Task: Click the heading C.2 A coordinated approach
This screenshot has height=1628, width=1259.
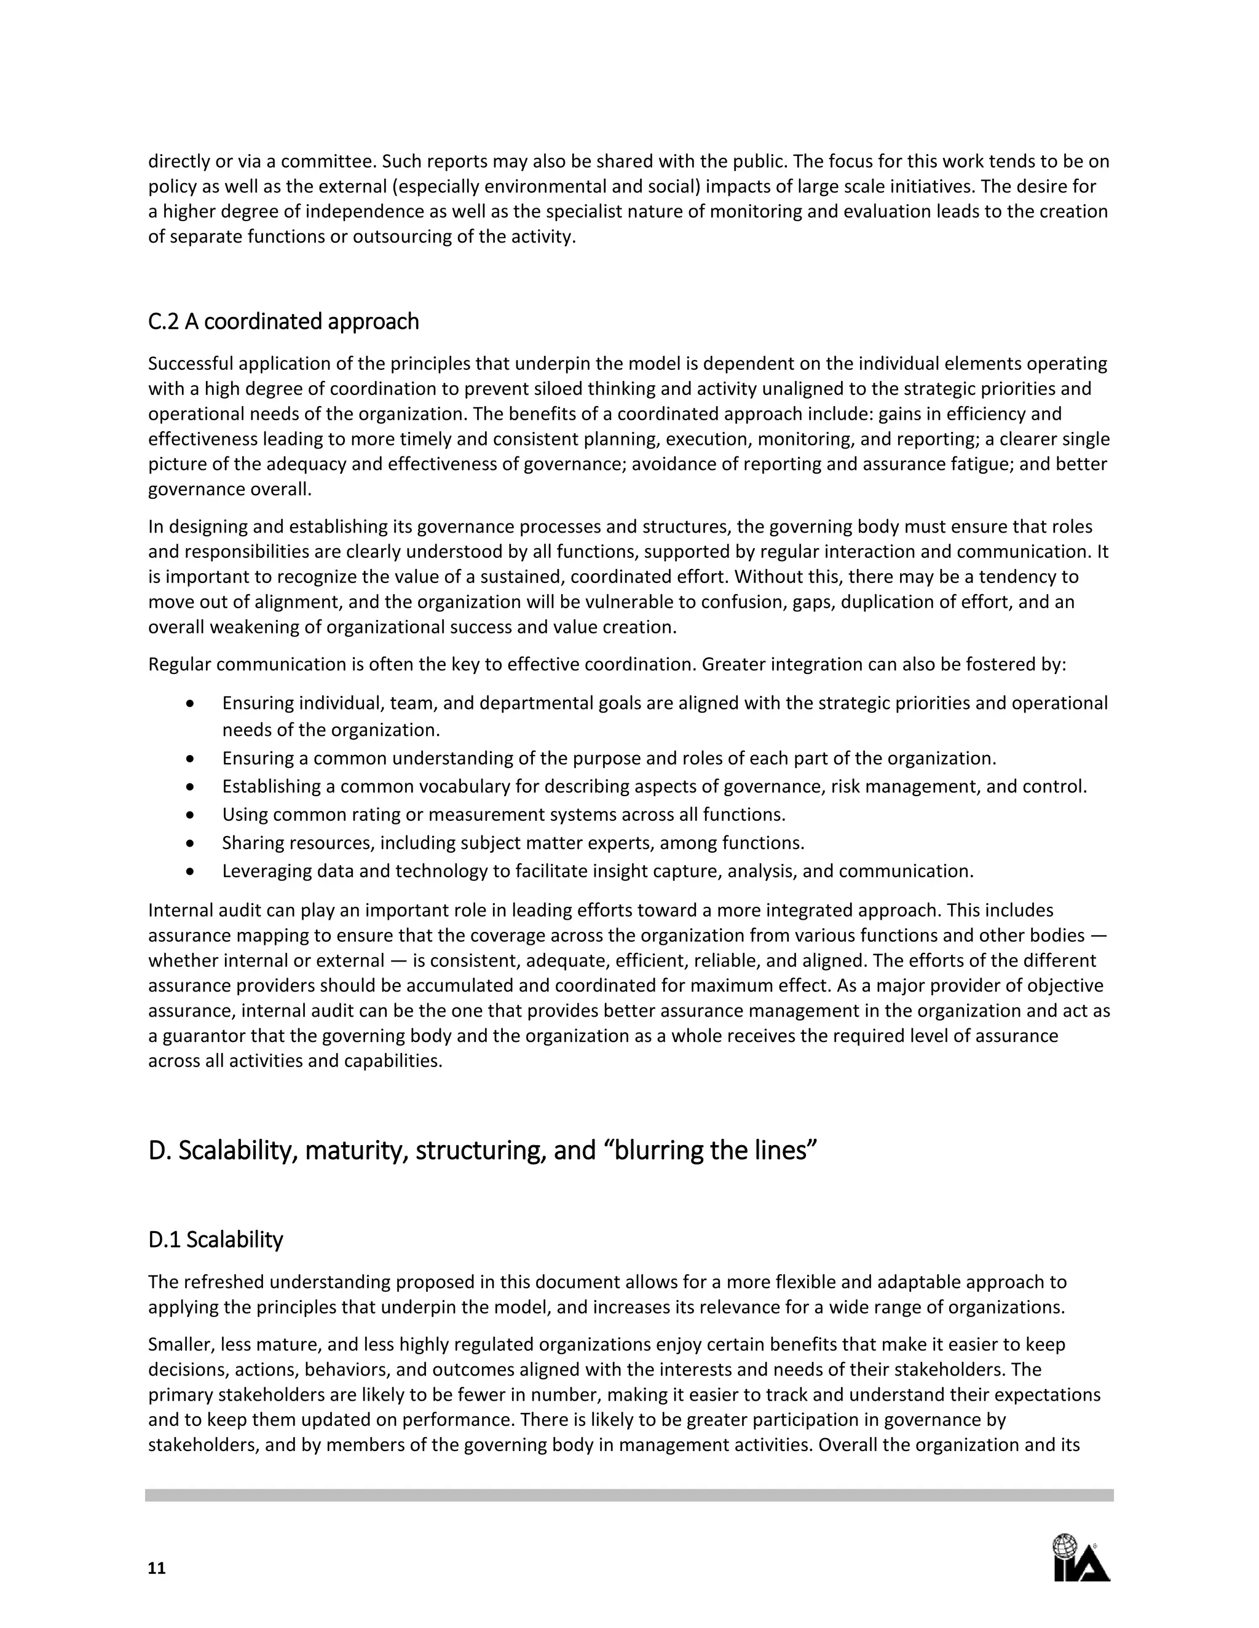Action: point(283,321)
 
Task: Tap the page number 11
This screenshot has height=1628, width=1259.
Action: point(157,1568)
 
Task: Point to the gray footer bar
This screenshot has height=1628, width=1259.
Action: point(629,1495)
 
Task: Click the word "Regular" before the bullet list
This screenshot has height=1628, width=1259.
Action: point(179,664)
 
